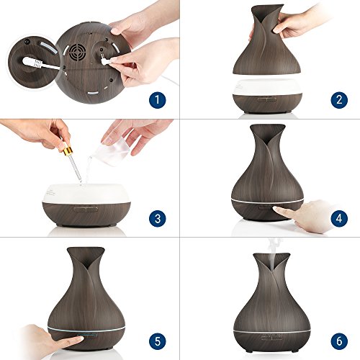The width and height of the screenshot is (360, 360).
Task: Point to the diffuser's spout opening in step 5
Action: pos(86,254)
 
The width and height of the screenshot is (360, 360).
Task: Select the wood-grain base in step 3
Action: pos(86,213)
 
